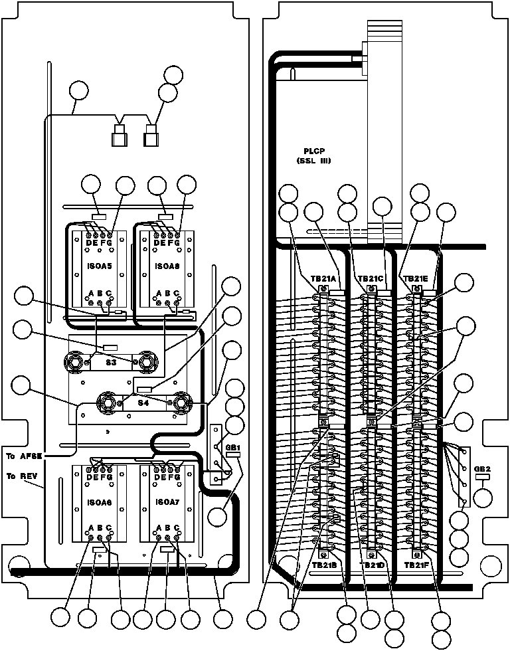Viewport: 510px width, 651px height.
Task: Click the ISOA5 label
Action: point(100,266)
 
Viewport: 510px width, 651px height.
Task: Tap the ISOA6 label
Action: point(100,503)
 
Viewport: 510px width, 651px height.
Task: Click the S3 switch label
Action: point(111,363)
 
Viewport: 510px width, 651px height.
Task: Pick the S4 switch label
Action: point(144,403)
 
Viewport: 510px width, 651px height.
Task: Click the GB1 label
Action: point(233,447)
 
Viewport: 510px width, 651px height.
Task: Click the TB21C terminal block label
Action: point(369,279)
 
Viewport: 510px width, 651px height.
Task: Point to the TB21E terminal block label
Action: point(416,279)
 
